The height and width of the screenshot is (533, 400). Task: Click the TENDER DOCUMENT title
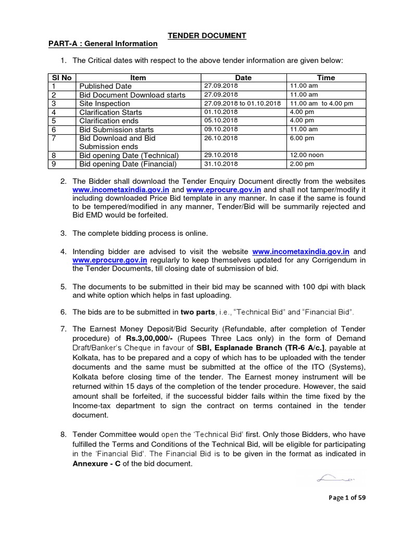tap(207, 35)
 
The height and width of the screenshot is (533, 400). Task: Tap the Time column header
tap(326, 78)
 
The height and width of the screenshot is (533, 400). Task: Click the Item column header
tap(138, 78)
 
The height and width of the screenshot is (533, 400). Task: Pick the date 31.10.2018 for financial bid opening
tap(221, 164)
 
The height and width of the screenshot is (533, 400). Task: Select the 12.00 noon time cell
tap(308, 155)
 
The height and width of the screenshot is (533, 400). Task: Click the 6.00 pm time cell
tap(303, 138)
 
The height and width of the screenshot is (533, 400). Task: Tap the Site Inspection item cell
tap(105, 104)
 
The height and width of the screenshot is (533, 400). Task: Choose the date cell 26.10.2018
tap(221, 138)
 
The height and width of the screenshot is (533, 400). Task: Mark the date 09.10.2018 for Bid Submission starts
tap(221, 129)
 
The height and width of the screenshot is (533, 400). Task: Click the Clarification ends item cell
tap(110, 121)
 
